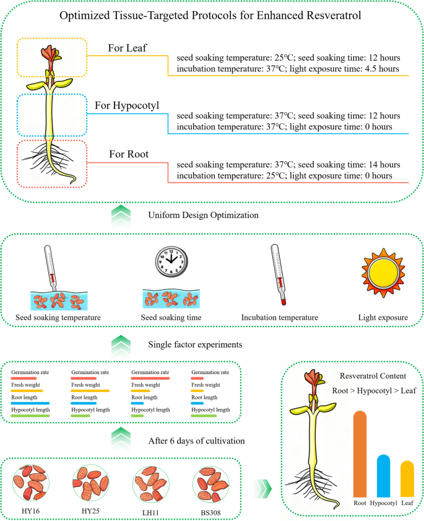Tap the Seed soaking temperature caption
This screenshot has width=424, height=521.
tap(58, 318)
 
